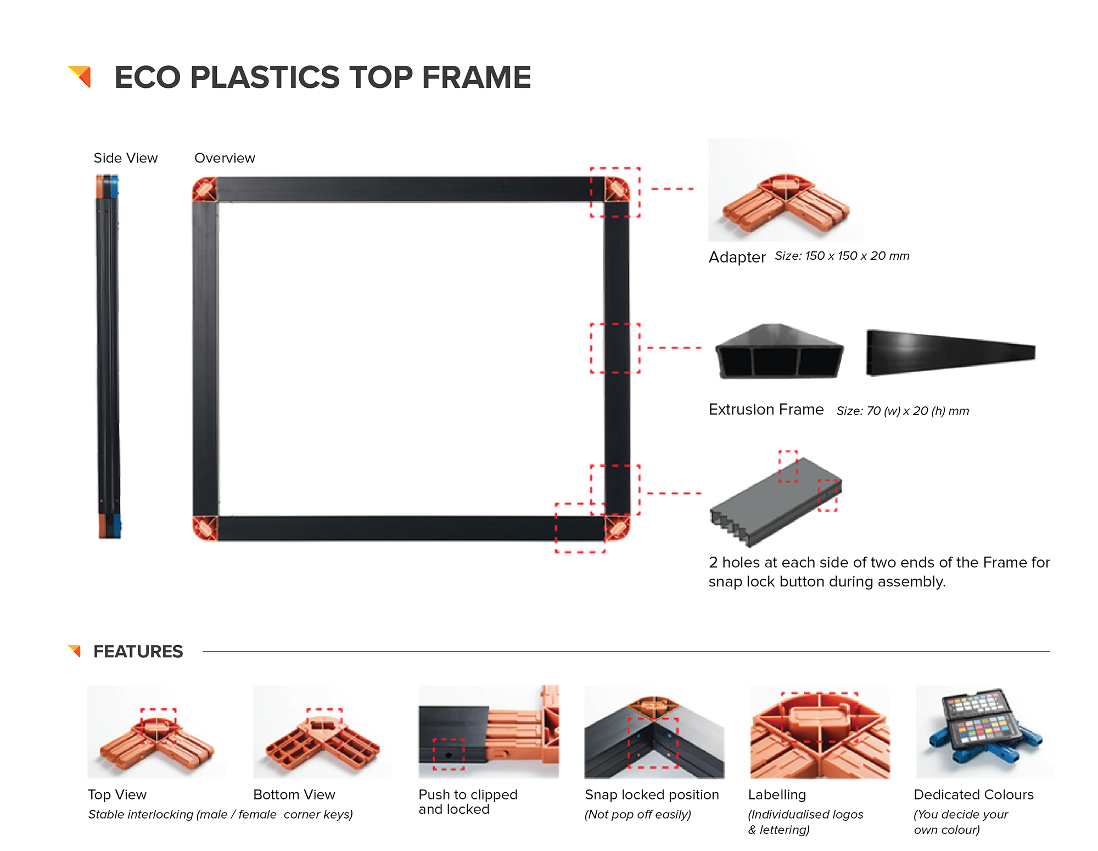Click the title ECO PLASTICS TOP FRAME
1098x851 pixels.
coord(322,77)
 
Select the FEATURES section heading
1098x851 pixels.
coord(138,652)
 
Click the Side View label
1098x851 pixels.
coord(125,158)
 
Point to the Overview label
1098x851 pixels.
coord(225,158)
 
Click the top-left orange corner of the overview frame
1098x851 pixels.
coord(205,189)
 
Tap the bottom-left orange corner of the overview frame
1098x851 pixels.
coord(205,528)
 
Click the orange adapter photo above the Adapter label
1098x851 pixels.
coord(786,204)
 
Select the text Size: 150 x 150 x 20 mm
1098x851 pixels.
coord(842,256)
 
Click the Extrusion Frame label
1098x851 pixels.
coord(766,410)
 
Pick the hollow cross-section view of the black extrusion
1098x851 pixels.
coord(779,351)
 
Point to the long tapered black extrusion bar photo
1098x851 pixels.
coord(951,352)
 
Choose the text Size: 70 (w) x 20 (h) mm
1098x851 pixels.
coord(903,411)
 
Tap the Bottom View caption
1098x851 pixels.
coord(294,794)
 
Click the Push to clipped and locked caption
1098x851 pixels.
coord(468,802)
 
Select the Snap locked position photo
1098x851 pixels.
coord(654,732)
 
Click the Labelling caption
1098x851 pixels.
coord(777,794)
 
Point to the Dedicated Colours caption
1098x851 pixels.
coord(973,794)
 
